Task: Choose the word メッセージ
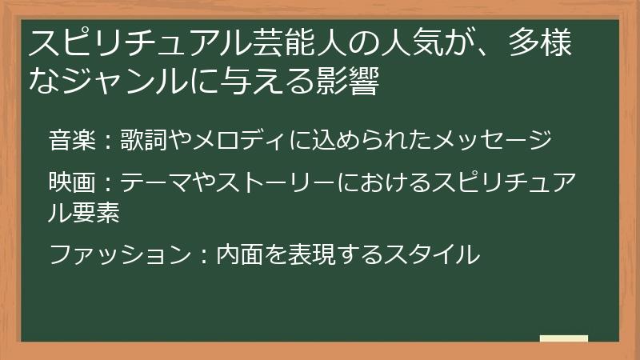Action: (x=492, y=142)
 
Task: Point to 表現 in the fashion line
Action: (x=314, y=255)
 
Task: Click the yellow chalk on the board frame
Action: (x=563, y=338)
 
